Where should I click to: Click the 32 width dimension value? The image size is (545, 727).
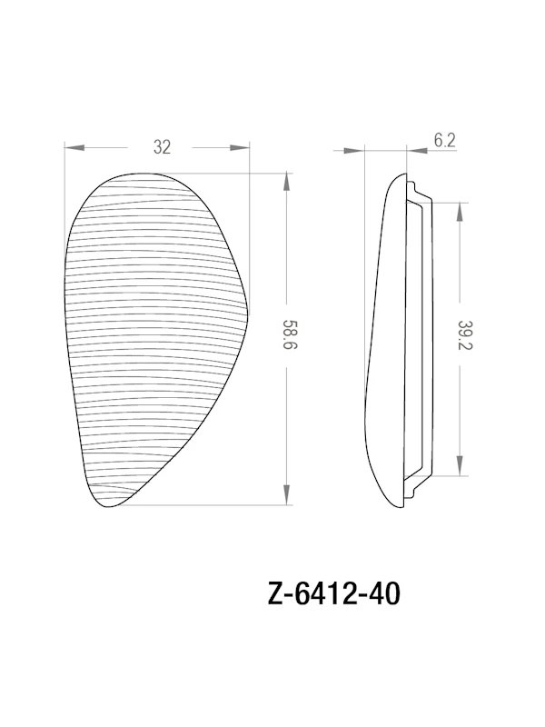162,147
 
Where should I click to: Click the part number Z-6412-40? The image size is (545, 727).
331,595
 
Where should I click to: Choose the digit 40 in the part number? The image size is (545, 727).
382,595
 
